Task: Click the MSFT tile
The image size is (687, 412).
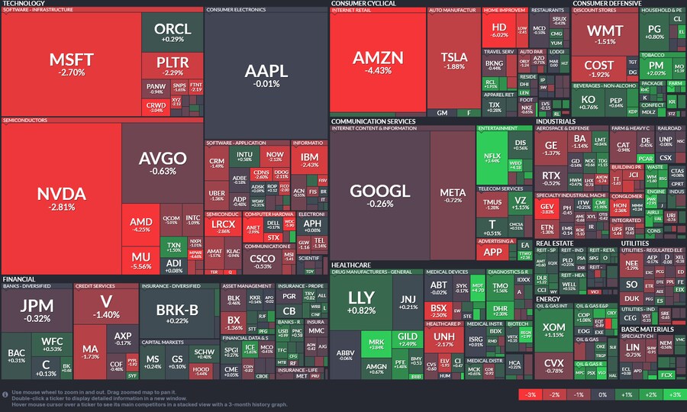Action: pyautogui.click(x=71, y=64)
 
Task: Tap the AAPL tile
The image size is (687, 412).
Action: pyautogui.click(x=266, y=75)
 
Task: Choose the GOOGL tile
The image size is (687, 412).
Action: pyautogui.click(x=379, y=195)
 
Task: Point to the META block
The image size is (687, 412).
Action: pyautogui.click(x=453, y=195)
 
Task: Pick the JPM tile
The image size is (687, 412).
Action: pyautogui.click(x=36, y=309)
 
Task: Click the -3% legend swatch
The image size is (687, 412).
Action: pyautogui.click(x=528, y=394)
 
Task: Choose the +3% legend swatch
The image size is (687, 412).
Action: pyautogui.click(x=674, y=394)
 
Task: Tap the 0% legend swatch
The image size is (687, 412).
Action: pyautogui.click(x=602, y=394)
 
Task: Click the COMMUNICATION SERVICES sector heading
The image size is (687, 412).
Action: pyautogui.click(x=373, y=121)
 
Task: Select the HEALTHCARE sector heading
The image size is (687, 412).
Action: pyautogui.click(x=351, y=264)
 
